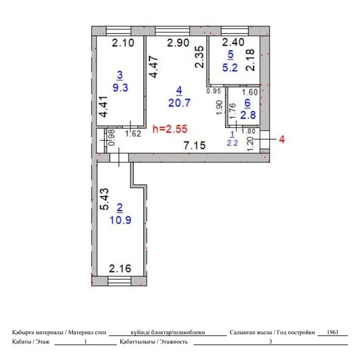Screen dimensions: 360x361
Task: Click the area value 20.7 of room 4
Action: (179, 103)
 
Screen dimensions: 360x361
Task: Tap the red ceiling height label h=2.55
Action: (170, 129)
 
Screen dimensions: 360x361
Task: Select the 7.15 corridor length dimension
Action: (194, 146)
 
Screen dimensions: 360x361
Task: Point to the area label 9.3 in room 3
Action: (121, 87)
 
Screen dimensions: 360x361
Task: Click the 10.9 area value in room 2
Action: (121, 220)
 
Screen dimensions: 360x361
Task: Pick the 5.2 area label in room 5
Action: (230, 68)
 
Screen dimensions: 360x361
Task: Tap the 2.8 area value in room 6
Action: (248, 115)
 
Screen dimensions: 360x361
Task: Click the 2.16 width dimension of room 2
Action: (120, 269)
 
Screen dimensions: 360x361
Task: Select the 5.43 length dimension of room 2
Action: (104, 199)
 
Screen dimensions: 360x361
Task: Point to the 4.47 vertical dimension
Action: (153, 67)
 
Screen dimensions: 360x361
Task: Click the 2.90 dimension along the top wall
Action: (178, 43)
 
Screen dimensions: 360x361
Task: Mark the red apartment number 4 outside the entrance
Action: (282, 139)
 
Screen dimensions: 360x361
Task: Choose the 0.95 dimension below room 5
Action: (214, 91)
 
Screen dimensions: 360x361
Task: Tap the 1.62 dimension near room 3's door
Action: (133, 134)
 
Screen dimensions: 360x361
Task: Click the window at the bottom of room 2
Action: (119, 281)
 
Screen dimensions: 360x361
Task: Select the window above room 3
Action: (119, 31)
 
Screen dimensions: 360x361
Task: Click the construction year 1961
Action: (333, 332)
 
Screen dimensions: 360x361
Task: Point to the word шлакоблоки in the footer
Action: (189, 333)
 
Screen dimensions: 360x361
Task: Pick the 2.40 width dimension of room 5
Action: (233, 42)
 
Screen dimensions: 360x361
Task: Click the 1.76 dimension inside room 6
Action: (233, 111)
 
